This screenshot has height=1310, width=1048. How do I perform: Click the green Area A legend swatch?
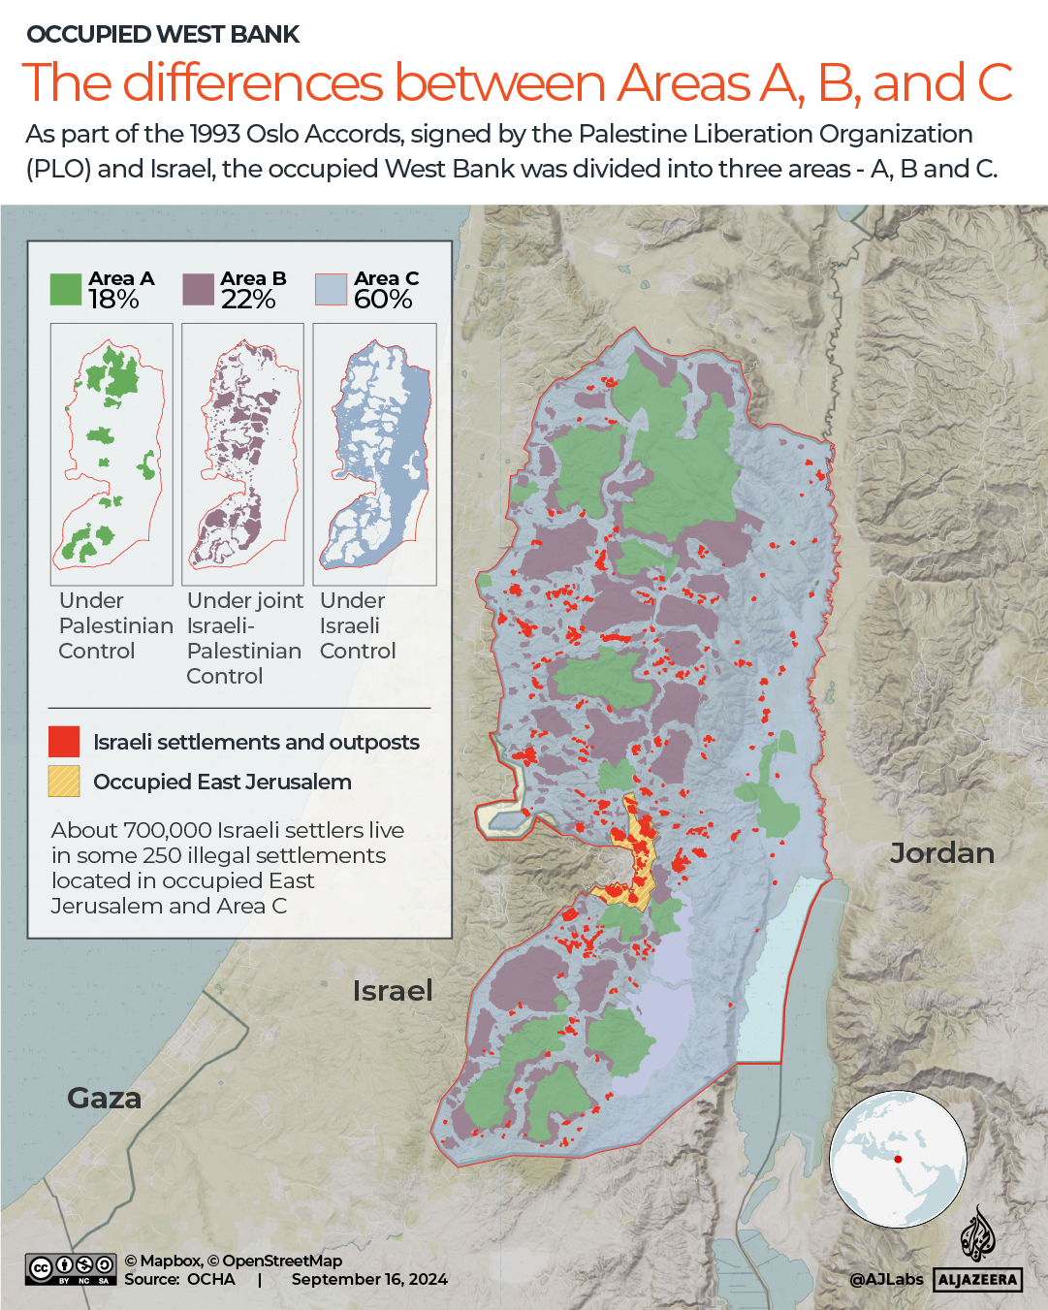click(x=66, y=290)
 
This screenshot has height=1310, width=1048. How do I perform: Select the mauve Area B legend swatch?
click(x=198, y=290)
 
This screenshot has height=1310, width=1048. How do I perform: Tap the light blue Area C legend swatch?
click(x=331, y=290)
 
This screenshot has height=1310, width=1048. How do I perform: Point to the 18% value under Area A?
click(x=113, y=300)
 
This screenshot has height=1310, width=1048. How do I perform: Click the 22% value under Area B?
click(x=248, y=300)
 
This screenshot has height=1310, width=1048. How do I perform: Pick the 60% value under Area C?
click(x=383, y=300)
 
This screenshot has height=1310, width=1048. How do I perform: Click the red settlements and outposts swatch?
click(x=64, y=742)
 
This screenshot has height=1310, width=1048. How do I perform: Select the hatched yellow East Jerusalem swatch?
click(x=64, y=782)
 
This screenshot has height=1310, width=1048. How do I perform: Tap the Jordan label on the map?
click(x=941, y=853)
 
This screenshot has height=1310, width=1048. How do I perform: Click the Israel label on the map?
click(x=393, y=991)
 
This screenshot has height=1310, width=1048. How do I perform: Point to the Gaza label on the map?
click(x=104, y=1099)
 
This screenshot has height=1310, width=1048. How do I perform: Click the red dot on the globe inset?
click(x=898, y=1160)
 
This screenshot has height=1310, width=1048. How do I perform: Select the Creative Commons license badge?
click(x=72, y=1269)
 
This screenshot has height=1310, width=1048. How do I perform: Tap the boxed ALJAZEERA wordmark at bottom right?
click(x=978, y=1280)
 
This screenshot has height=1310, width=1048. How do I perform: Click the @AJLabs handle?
click(x=886, y=1280)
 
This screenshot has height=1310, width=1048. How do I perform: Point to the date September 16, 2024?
click(x=369, y=1280)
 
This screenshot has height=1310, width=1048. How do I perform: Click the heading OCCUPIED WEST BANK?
click(x=163, y=35)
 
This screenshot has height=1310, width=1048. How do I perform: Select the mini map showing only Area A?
click(x=111, y=454)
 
